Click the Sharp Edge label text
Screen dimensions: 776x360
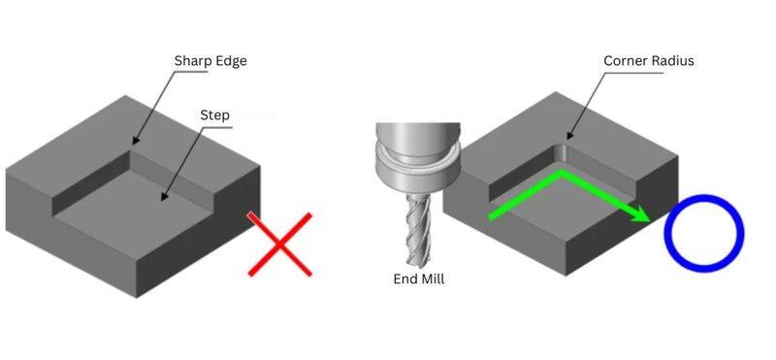tap(210, 61)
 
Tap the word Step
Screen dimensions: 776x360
tap(214, 115)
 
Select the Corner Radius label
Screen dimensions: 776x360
tap(649, 61)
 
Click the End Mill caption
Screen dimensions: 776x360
tap(419, 278)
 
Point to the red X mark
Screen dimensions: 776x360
tap(279, 245)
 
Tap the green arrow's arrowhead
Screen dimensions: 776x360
tap(642, 213)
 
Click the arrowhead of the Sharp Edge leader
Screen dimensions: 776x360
tap(135, 141)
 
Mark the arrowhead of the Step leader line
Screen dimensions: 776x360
tap(164, 197)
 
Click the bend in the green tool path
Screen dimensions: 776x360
tap(562, 173)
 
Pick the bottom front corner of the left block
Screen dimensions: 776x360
tap(137, 297)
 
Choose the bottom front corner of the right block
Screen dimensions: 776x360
tap(566, 275)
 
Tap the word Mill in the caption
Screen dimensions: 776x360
tap(432, 278)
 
